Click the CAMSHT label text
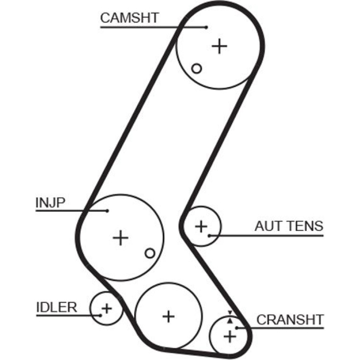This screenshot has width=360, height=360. coord(130,18)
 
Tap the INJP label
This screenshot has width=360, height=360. coord(50,203)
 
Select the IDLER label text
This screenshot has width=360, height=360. coord(57,307)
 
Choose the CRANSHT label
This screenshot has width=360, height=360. coord(290,320)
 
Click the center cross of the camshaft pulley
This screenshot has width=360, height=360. coord(219,46)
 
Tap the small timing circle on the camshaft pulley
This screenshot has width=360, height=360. coord(196,68)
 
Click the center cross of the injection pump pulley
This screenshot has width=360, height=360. coord(121,238)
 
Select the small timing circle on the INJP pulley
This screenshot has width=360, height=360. coord(150,253)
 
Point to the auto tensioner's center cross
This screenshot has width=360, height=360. coord(202,226)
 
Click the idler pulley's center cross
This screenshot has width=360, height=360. coord(107,309)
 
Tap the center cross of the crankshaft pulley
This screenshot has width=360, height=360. coord(230,337)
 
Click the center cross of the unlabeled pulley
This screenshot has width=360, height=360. coord(168,317)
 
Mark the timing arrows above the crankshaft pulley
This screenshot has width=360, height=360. coord(230,317)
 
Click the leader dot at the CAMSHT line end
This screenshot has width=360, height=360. coord(206,27)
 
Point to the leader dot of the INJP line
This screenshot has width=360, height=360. coord(107,211)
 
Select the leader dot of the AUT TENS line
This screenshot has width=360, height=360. coord(209,236)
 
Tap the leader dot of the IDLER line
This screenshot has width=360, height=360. coord(100,316)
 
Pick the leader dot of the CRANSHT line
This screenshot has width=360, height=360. coord(237,328)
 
